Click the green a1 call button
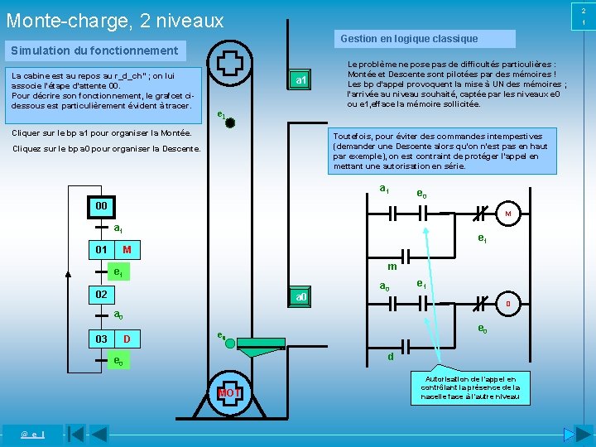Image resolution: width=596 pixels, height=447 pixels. point(300,80)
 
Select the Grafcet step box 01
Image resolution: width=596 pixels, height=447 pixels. point(100,250)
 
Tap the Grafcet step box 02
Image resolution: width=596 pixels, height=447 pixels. point(100,295)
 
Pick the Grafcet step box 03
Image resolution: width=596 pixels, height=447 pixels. point(100,339)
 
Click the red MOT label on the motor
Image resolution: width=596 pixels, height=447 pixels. point(228,392)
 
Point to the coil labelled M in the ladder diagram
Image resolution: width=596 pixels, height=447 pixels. point(507,214)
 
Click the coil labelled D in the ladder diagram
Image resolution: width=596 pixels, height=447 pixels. point(507,304)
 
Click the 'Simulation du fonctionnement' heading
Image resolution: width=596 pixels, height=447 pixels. point(94,51)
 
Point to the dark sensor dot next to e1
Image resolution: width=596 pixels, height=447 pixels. point(230,123)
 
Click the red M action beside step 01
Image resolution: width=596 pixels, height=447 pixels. point(127,250)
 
